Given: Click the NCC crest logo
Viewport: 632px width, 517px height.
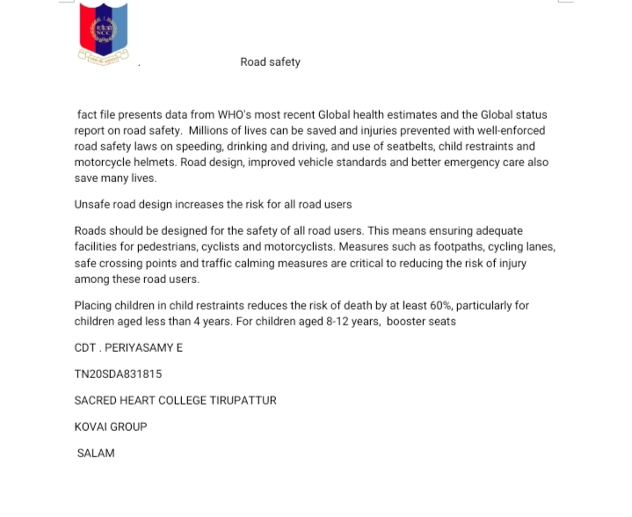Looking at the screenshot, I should (x=104, y=33).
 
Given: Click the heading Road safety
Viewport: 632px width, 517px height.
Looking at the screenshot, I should (x=270, y=62).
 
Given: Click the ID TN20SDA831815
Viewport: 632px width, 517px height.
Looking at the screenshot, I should (x=118, y=375).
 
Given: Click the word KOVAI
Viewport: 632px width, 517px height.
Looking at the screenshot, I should (x=91, y=427).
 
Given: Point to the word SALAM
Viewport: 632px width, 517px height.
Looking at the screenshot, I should (x=96, y=454).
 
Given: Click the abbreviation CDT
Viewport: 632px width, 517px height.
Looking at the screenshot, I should (x=85, y=348).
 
